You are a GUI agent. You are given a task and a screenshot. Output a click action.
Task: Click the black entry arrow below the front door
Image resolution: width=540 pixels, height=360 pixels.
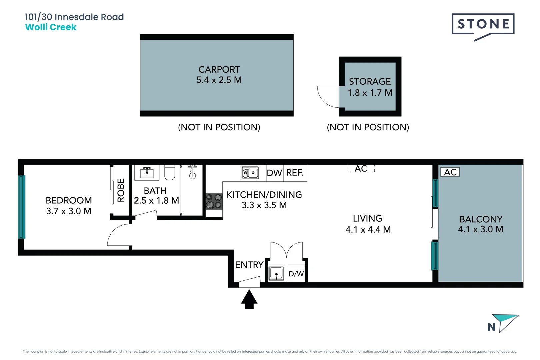[249, 299]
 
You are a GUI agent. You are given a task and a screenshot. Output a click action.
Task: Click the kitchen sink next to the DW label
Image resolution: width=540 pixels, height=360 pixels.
[250, 173]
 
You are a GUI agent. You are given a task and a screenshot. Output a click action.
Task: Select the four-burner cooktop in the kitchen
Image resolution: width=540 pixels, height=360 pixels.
[214, 201]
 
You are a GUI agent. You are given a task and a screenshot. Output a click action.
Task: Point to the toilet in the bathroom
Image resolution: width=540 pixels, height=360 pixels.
[170, 172]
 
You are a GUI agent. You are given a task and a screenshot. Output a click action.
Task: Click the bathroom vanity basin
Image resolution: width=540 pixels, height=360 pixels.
[147, 172]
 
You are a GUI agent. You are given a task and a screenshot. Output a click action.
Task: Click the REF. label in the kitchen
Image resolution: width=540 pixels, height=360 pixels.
[295, 173]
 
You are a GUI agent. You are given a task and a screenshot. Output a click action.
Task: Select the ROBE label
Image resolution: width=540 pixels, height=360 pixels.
[121, 190]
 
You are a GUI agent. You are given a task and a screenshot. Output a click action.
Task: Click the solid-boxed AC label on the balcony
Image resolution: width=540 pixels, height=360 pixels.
[450, 172]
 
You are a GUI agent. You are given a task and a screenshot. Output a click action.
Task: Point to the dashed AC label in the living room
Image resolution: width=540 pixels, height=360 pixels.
[361, 169]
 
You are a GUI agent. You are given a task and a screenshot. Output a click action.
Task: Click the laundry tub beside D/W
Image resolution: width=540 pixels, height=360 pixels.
[276, 273]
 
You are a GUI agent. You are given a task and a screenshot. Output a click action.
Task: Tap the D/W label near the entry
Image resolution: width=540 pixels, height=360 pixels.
[296, 274]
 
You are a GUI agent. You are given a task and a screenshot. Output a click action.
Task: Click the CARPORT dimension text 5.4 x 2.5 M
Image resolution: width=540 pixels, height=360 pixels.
[219, 80]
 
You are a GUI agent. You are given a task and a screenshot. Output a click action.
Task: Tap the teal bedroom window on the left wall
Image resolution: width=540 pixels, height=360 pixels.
[22, 207]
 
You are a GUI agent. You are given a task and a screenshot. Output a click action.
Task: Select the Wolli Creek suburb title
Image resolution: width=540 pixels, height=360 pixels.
[51, 27]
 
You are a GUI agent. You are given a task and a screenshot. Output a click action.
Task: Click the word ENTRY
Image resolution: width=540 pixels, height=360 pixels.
[249, 265]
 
